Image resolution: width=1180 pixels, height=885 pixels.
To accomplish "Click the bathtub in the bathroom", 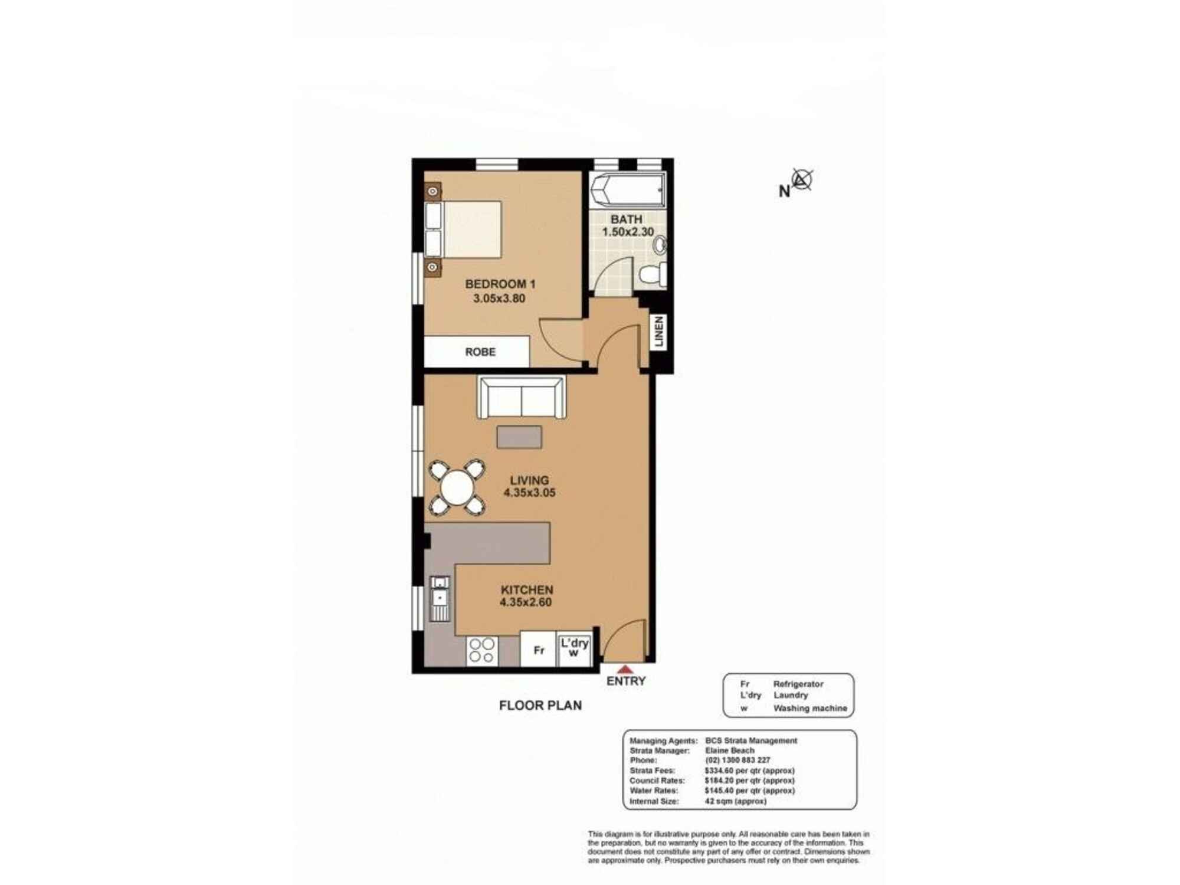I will tap(628, 190).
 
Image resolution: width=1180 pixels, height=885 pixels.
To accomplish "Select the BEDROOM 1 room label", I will tap(500, 284).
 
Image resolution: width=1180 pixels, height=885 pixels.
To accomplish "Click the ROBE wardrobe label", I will tap(480, 352).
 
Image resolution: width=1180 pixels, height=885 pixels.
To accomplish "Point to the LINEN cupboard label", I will tap(659, 331).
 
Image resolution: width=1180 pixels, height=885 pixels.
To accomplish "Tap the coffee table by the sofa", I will tap(519, 437).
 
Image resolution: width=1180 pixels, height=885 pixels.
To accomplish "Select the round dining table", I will tap(457, 487).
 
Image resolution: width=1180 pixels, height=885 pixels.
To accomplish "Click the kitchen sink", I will tap(440, 598).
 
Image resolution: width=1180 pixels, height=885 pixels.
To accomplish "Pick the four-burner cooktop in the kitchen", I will tap(481, 650).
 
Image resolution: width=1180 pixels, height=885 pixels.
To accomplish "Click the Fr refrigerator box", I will tap(538, 650).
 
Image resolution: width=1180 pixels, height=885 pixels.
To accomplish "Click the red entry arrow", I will tap(625, 670).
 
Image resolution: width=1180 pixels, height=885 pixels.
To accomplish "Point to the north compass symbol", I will tap(802, 179).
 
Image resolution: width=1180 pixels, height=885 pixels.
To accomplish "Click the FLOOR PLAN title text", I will tap(540, 705).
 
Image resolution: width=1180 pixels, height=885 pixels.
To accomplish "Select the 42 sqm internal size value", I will tap(735, 801).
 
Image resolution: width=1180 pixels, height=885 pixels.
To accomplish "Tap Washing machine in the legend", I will tap(809, 708).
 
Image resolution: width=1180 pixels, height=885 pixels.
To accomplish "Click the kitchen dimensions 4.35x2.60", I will tap(525, 602).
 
